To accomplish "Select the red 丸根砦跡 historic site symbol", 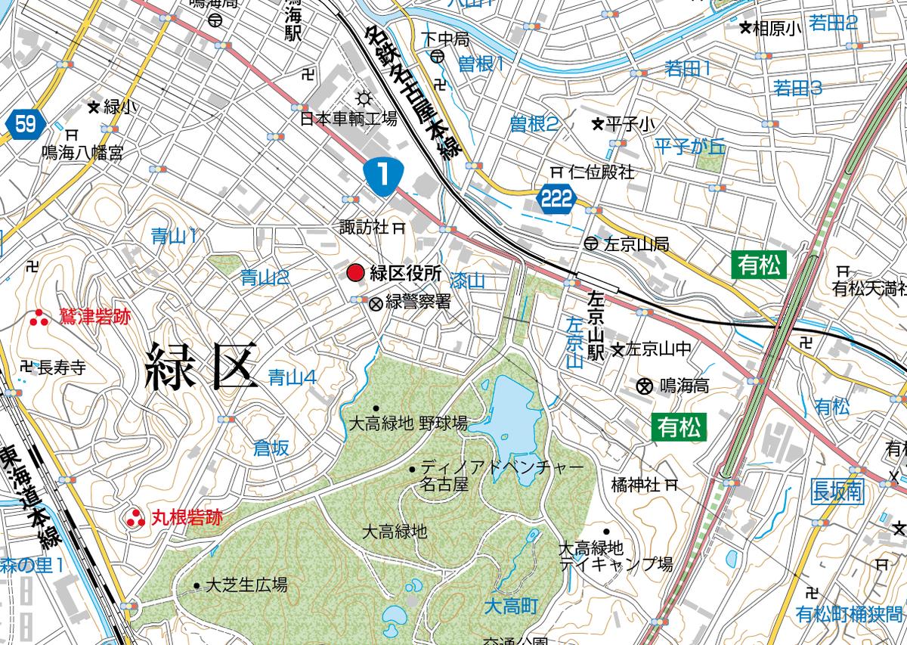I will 135,518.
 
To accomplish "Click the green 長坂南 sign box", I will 837,492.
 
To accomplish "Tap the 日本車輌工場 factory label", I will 348,119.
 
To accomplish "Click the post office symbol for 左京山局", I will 590,243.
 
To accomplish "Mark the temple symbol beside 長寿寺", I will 28,367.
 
